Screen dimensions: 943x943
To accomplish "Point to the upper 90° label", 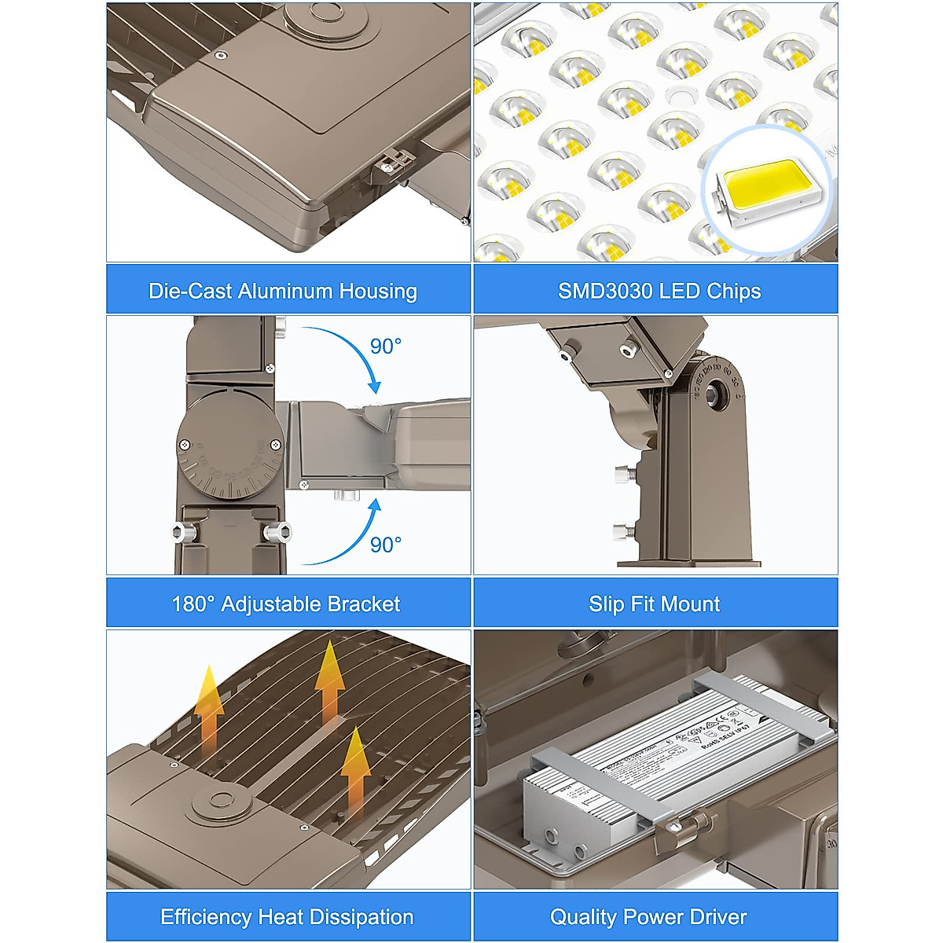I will pyautogui.click(x=385, y=347).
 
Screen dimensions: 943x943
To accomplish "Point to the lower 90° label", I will pyautogui.click(x=385, y=545).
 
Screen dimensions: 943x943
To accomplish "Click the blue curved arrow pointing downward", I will pyautogui.click(x=346, y=354).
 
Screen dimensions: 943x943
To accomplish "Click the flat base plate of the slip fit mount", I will pyautogui.click(x=688, y=563).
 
